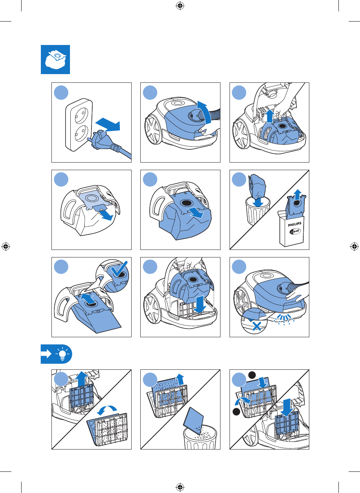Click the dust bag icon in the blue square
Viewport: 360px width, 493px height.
(x=56, y=59)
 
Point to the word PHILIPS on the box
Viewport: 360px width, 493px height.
(x=295, y=224)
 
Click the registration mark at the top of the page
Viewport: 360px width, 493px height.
(x=180, y=6)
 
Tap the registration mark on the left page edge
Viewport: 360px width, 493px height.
(x=6, y=246)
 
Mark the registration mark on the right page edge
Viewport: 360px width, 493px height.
(x=354, y=246)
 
